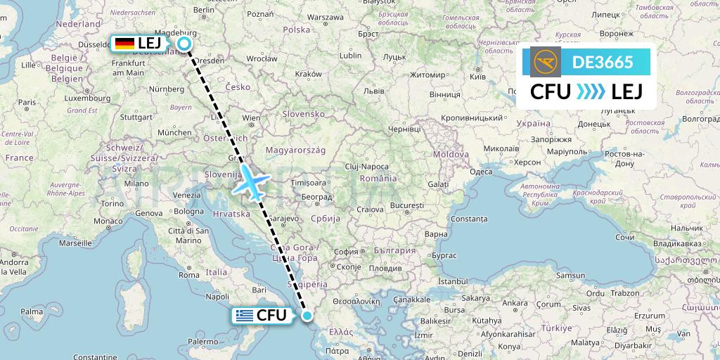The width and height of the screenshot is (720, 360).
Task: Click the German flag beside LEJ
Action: coord(124,44)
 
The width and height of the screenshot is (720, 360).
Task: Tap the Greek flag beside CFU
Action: coord(245,316)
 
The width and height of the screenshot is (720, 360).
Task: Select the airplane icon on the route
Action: coord(251,183)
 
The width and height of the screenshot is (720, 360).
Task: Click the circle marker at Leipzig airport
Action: coord(184,44)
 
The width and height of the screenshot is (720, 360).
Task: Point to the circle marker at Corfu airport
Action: coord(307,316)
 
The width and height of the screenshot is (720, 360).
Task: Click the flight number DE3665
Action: coord(603,62)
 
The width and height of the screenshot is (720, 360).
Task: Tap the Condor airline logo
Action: coord(547,62)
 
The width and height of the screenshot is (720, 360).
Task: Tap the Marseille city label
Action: coord(75,243)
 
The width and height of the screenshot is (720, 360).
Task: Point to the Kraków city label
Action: coord(308,74)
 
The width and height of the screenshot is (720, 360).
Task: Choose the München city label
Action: coord(174,131)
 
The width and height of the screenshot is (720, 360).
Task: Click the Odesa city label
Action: coord(480,172)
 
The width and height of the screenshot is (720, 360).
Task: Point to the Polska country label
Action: coord(297,30)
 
